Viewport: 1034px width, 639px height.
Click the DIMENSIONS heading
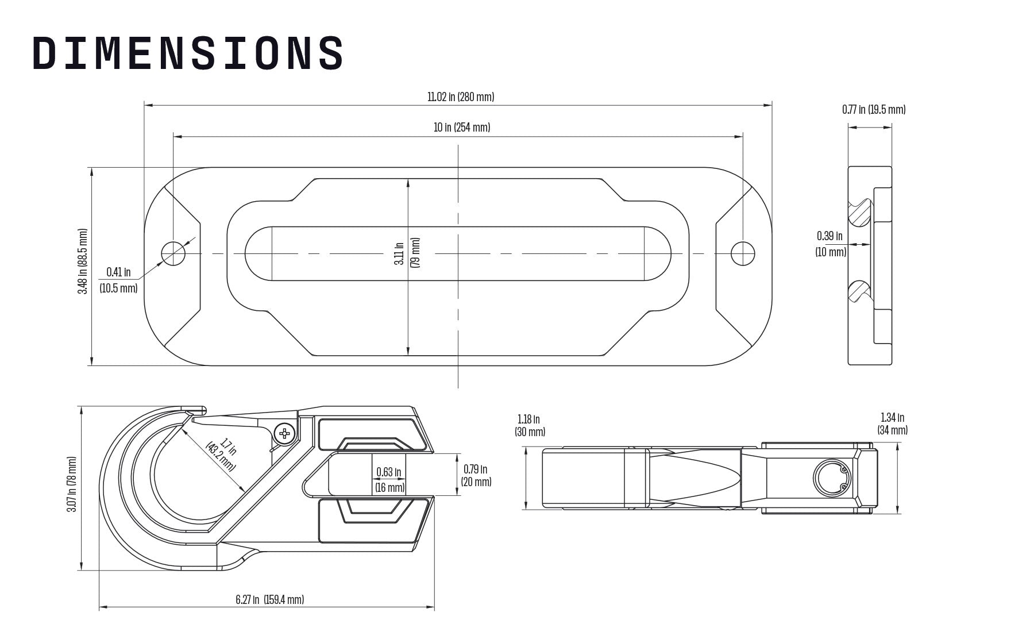tap(188, 53)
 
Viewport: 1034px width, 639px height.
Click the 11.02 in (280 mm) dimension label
tap(460, 97)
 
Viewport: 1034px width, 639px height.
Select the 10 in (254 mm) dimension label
tap(461, 128)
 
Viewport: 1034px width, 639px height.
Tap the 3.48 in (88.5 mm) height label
tap(83, 261)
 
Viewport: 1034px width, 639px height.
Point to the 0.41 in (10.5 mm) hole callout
tap(118, 280)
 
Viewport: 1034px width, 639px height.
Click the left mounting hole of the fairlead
tap(173, 253)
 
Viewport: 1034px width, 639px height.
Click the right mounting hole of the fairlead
tap(742, 253)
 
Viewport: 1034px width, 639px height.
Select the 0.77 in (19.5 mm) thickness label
tap(873, 110)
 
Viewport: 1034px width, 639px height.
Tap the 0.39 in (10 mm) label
tap(831, 244)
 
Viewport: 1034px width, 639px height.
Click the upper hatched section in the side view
tap(861, 213)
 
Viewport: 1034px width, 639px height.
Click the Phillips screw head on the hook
tap(284, 433)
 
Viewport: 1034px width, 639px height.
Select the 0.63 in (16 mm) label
tap(389, 480)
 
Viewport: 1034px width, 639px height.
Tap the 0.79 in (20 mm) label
tap(477, 475)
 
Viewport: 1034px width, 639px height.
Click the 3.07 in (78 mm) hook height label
tap(72, 484)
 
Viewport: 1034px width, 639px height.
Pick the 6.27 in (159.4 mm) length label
tap(269, 600)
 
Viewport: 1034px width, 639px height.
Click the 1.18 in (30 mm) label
tap(530, 426)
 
